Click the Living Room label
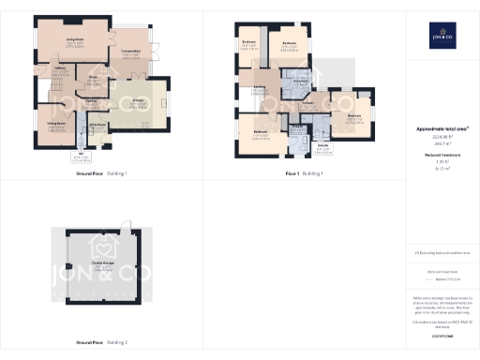coord(75,40)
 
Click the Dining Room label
coord(55,125)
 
